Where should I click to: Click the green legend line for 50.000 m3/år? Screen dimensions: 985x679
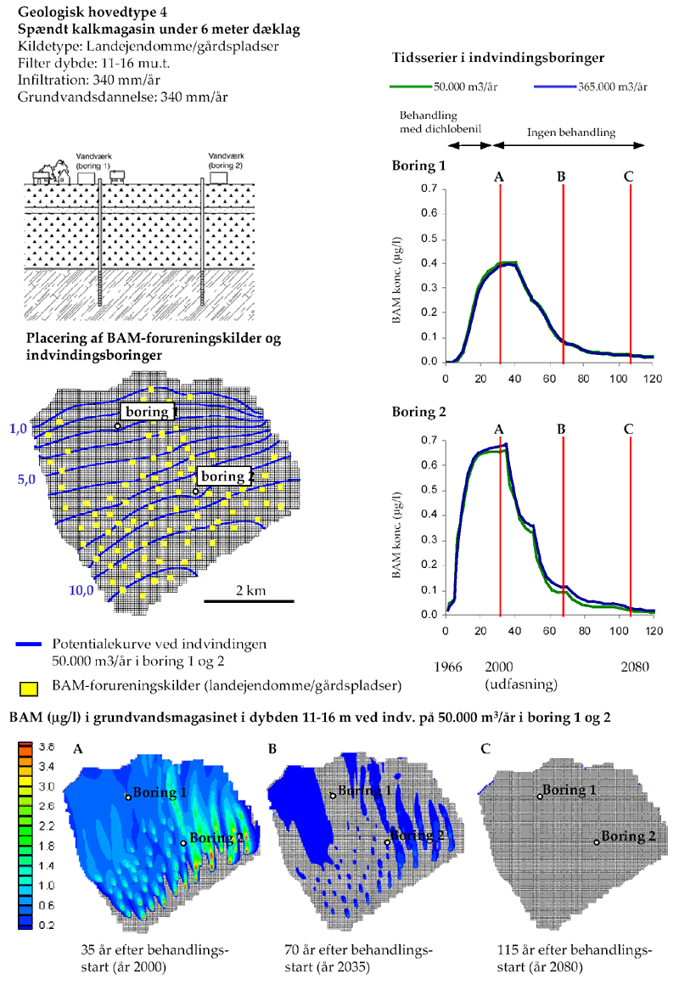coord(410,86)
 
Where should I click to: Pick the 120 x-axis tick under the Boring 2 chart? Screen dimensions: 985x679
coord(653,630)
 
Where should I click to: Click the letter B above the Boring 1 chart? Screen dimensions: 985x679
coord(562,177)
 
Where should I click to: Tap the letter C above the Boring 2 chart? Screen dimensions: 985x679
coord(628,428)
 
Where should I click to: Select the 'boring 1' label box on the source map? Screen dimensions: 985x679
coord(149,412)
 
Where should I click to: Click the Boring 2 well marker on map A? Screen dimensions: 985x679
coord(183,842)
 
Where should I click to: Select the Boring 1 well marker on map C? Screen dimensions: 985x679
coord(541,796)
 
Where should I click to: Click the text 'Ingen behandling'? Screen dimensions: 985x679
coord(570,132)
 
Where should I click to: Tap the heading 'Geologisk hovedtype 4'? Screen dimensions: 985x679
coord(87,14)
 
